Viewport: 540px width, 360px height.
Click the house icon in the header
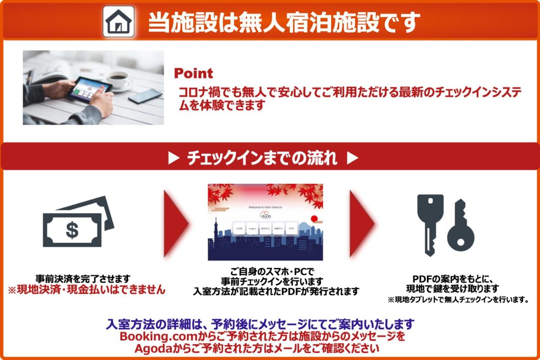[x=119, y=22]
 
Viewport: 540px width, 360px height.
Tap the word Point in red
[x=193, y=73]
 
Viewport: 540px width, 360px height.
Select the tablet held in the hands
[x=89, y=89]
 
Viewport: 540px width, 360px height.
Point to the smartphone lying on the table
[x=145, y=96]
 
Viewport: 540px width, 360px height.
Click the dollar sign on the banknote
[x=72, y=230]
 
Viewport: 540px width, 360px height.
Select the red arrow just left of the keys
[x=361, y=223]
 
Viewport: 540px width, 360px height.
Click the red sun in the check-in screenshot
[x=313, y=219]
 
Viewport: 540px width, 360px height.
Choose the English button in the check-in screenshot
[x=252, y=229]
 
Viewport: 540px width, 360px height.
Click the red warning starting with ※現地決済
[x=86, y=290]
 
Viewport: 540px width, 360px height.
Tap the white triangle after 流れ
[x=352, y=159]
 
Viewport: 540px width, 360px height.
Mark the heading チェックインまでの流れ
[x=262, y=159]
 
